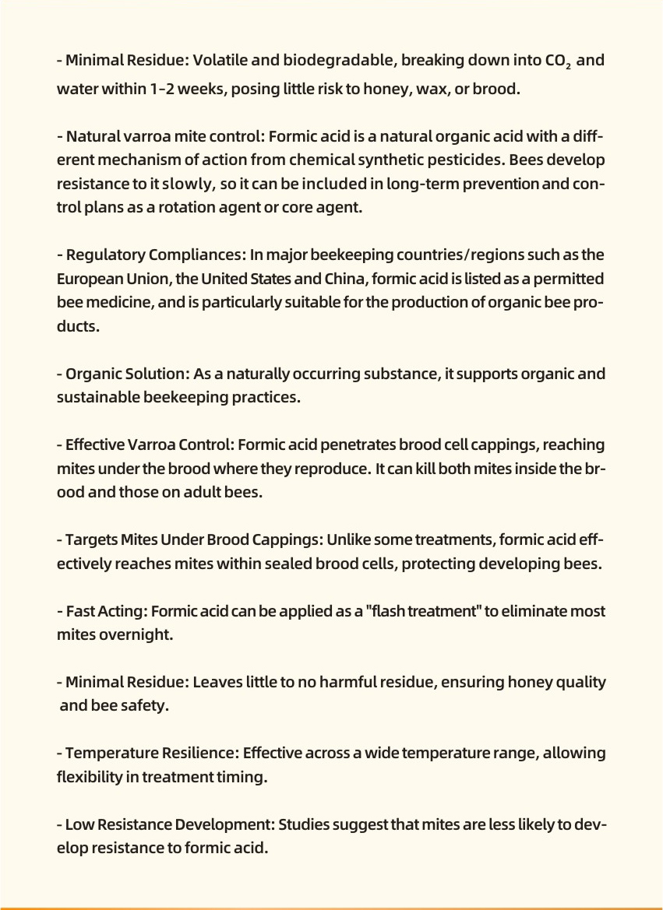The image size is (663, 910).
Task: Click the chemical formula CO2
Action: point(558,61)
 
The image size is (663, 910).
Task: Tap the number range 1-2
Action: point(162,89)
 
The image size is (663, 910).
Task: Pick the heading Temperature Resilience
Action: point(150,754)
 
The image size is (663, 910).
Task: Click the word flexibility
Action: point(89,777)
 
